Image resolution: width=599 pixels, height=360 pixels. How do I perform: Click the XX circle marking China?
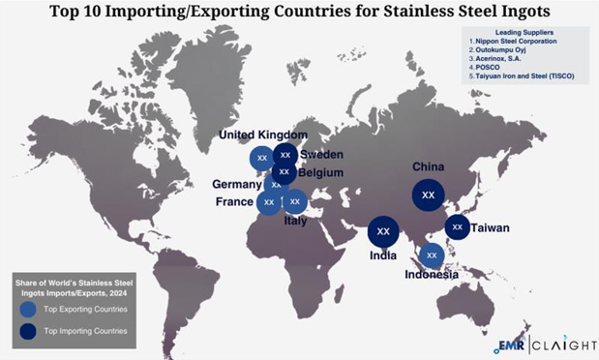428,195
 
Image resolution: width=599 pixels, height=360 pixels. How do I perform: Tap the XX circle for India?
383,231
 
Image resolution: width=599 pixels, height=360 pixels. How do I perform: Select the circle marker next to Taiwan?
457,227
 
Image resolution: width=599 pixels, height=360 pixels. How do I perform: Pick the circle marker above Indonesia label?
433,255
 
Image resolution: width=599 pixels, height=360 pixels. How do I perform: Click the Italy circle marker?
294,201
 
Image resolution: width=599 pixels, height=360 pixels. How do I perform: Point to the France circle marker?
269,201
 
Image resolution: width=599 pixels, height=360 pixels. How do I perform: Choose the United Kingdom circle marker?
261,158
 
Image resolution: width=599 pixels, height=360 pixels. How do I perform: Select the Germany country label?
237,184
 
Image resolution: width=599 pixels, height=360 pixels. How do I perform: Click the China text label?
428,166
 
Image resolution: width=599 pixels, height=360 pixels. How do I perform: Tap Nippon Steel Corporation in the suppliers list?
517,42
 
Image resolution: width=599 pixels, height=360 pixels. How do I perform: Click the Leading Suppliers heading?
524,32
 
